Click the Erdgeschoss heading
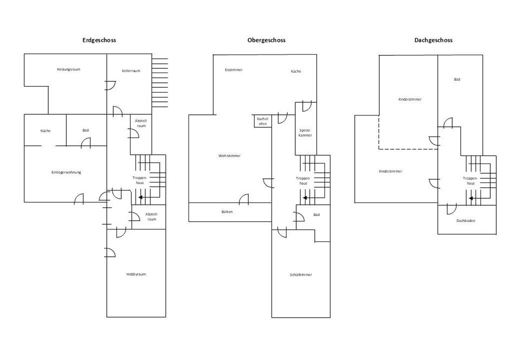(x=99, y=40)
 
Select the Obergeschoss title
(x=266, y=40)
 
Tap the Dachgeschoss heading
(x=433, y=40)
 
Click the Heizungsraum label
(x=69, y=70)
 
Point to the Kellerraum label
(x=131, y=71)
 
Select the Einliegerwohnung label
(x=66, y=172)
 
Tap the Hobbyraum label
(x=136, y=274)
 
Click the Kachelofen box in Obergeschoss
(x=263, y=121)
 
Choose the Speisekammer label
(x=305, y=133)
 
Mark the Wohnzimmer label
(x=230, y=156)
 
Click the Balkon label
(x=227, y=212)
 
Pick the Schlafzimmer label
(x=301, y=275)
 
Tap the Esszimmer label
(x=234, y=70)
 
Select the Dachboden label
(x=466, y=221)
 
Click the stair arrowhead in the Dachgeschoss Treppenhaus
(x=471, y=198)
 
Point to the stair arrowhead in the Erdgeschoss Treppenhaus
(x=141, y=198)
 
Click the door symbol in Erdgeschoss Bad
(x=86, y=142)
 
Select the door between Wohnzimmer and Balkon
(x=244, y=199)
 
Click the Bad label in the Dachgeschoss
(x=457, y=80)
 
